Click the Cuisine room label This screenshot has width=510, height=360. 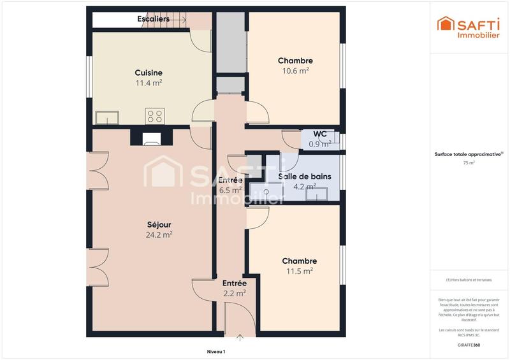click(x=148, y=73)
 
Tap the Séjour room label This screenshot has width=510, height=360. click(x=159, y=224)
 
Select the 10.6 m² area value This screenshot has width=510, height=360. click(x=295, y=71)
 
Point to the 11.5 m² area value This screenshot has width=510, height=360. click(x=299, y=271)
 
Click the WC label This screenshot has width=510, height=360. click(x=320, y=134)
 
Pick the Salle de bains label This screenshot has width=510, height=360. click(x=305, y=176)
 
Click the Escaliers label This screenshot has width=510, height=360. click(x=154, y=19)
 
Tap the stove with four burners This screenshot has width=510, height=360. click(x=155, y=116)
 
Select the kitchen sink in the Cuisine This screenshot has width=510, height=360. click(x=107, y=117)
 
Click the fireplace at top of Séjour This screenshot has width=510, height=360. click(x=152, y=138)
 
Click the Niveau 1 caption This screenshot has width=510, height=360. click(x=216, y=351)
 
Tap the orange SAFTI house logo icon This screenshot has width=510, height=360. click(x=444, y=24)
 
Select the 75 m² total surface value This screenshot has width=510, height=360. click(x=469, y=162)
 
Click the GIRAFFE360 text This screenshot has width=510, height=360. click(x=469, y=344)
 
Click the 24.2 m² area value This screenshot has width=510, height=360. click(x=159, y=234)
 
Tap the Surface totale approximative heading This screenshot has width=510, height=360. click(x=469, y=154)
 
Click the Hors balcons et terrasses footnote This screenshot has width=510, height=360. click(x=469, y=280)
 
